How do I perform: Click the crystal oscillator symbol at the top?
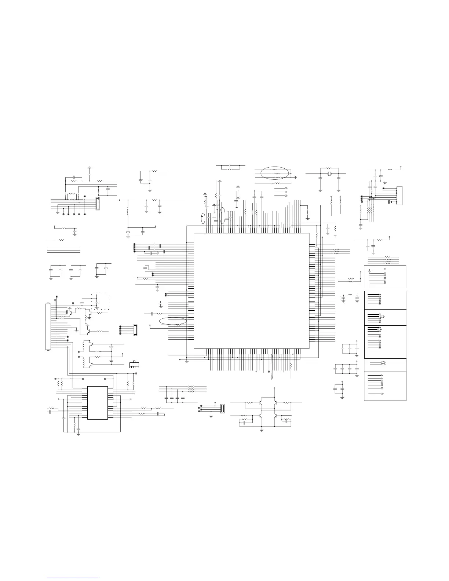click(329, 173)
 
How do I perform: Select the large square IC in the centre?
click(251, 290)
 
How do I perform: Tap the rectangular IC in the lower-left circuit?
click(98, 402)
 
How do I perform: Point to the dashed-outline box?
click(101, 301)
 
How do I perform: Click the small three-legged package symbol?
click(135, 365)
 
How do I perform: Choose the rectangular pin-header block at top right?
click(399, 196)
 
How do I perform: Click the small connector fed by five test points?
click(98, 204)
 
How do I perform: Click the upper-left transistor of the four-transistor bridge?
click(260, 403)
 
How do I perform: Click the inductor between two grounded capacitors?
click(350, 295)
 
